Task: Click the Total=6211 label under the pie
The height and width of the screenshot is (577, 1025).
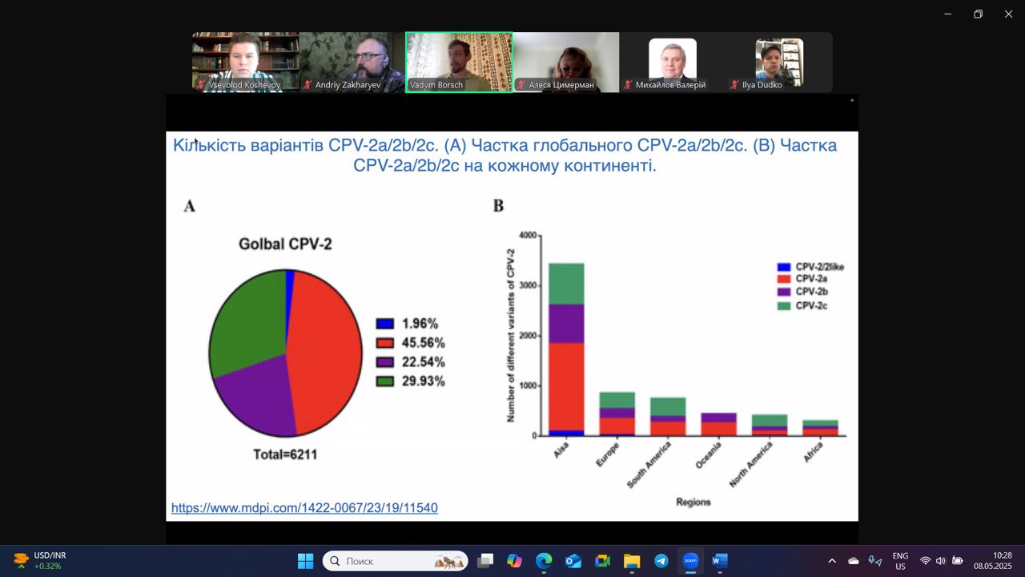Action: (x=285, y=454)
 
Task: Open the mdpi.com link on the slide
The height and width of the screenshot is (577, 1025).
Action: (x=304, y=508)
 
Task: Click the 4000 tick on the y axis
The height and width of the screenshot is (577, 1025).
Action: (x=528, y=236)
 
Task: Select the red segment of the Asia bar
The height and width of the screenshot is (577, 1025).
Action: (x=566, y=385)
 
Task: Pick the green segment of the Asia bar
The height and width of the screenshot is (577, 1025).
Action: (x=566, y=283)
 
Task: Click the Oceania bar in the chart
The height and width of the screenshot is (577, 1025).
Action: (x=718, y=424)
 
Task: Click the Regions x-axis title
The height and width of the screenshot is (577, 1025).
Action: (x=693, y=502)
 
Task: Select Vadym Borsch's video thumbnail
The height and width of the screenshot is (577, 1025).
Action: (x=459, y=62)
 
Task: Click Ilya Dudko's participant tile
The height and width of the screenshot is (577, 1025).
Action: (x=779, y=62)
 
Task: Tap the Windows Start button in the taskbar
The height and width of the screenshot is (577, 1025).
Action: (x=305, y=561)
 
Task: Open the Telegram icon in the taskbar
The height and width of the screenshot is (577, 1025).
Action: (x=661, y=561)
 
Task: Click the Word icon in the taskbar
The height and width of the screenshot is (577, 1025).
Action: (x=719, y=561)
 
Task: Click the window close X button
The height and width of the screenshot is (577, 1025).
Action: (x=1008, y=14)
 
